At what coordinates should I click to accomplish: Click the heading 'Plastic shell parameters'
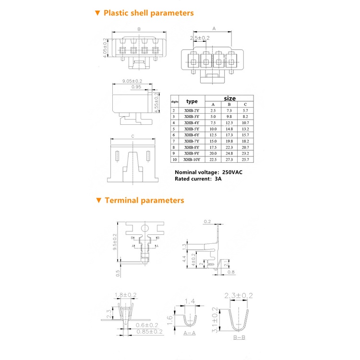pos(148,13)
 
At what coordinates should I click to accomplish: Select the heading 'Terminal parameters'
pos(144,200)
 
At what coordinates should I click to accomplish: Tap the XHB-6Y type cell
pos(192,135)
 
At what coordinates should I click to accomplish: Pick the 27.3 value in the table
pos(229,159)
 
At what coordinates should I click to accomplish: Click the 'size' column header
pos(229,98)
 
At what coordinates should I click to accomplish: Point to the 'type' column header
pos(192,101)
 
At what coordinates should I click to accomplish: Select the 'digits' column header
pos(175,102)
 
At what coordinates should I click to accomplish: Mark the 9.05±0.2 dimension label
pos(132,82)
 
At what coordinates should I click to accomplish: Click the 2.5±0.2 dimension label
pos(200,37)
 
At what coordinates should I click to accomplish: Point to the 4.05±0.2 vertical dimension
pos(105,49)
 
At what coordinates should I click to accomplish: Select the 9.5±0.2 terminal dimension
pos(115,242)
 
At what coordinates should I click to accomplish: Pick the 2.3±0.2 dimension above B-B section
pos(239,295)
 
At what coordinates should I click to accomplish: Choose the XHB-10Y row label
pos(192,159)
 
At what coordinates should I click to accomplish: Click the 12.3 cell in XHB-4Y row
pos(229,122)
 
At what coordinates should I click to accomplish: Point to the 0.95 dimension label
pos(136,87)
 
